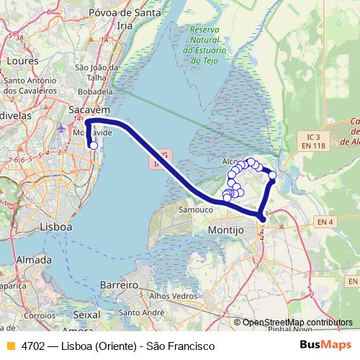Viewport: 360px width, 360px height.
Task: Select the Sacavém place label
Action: (x=89, y=109)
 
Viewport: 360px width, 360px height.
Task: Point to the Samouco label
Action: (x=194, y=210)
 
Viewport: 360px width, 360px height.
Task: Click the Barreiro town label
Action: (x=119, y=286)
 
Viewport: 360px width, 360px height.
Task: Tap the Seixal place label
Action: (x=87, y=315)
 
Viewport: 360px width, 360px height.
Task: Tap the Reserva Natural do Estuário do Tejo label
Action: (x=205, y=45)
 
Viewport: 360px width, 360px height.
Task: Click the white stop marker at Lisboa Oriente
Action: (x=93, y=145)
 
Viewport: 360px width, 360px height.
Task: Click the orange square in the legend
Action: (x=10, y=346)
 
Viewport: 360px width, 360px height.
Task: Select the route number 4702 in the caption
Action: (x=30, y=346)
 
